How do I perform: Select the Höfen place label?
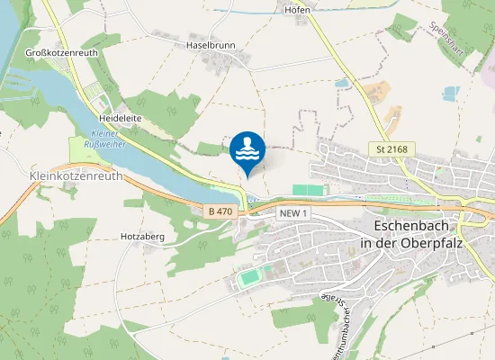pos(297,10)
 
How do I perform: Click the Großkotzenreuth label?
pos(62,53)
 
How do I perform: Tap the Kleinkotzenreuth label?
pos(76,176)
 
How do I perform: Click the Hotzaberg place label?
pos(141,237)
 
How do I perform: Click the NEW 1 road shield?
pos(294,212)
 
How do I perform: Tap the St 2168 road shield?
pos(391,148)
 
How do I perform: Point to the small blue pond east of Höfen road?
pos(342,83)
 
